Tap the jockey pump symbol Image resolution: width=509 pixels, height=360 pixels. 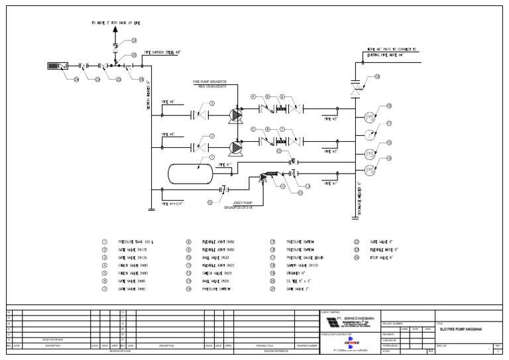264,177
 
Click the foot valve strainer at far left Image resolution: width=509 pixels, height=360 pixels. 57,66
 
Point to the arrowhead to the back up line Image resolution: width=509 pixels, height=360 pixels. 115,31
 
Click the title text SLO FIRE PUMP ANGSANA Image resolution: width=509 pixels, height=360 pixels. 461,328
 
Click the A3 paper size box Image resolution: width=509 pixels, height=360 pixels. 429,351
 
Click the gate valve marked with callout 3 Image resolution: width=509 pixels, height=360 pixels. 198,114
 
